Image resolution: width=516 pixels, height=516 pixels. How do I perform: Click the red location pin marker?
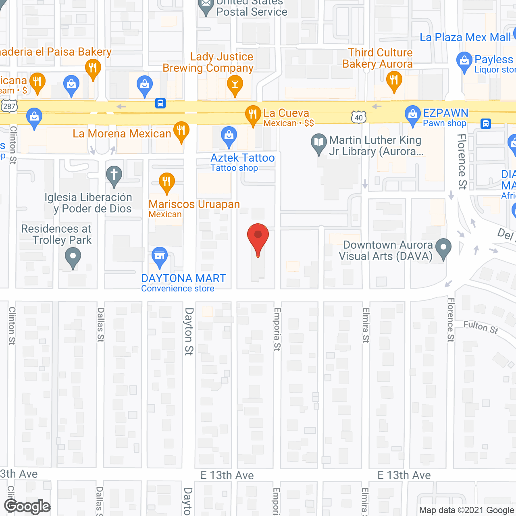point(258,238)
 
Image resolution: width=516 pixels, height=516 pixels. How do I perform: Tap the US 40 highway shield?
point(359,117)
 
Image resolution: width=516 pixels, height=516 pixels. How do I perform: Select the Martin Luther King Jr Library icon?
point(319,143)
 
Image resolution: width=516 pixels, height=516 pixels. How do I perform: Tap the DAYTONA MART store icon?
point(160,256)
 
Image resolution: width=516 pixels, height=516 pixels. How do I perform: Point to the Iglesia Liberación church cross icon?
point(114,176)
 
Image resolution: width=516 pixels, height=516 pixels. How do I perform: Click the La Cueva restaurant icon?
point(253,115)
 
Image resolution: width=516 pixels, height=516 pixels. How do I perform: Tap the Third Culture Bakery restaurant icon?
point(394,81)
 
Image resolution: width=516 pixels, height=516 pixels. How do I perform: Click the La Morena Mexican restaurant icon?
point(181,131)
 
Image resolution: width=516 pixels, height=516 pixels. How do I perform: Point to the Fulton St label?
point(481,327)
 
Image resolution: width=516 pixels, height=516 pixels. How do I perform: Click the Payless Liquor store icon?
point(464,62)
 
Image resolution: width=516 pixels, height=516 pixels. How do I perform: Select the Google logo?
point(27,506)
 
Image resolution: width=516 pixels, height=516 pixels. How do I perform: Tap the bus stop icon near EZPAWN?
point(486,123)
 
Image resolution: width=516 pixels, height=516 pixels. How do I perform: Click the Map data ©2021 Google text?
point(467,510)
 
